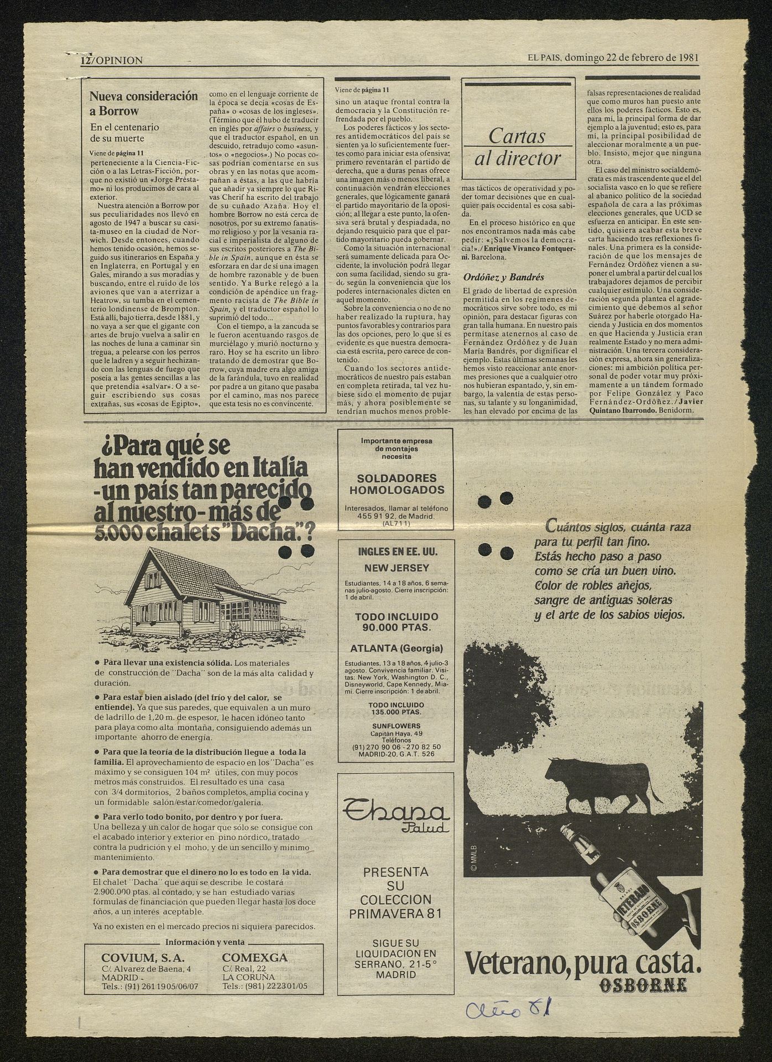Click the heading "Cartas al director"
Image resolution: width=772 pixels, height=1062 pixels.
[518, 147]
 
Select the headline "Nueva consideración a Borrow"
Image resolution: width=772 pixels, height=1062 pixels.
[143, 102]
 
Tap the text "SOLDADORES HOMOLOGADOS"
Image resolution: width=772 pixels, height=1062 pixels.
[397, 484]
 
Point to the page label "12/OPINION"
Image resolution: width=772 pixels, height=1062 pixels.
[111, 61]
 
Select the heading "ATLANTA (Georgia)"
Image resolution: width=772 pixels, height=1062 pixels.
[396, 649]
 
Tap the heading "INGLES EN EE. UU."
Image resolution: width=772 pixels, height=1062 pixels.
[396, 551]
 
